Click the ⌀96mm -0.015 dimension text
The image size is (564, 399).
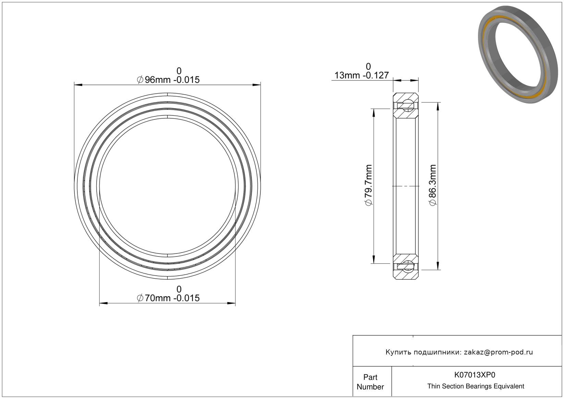[x=168, y=80]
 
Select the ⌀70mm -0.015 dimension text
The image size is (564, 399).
[x=168, y=298]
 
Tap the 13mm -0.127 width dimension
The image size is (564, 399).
[x=361, y=75]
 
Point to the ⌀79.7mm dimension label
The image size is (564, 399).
[x=368, y=185]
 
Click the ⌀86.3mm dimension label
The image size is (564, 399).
[x=432, y=185]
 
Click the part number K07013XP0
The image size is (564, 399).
[x=475, y=375]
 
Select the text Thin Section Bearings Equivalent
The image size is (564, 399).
[x=476, y=386]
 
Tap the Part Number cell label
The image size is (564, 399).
[x=370, y=382]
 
